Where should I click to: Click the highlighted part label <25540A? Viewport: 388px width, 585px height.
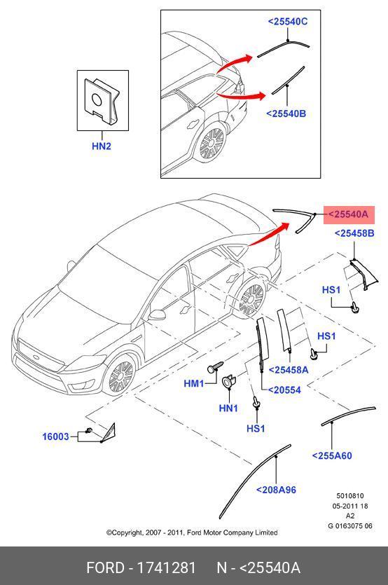(x=348, y=214)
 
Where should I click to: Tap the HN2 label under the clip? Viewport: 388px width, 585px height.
(x=102, y=146)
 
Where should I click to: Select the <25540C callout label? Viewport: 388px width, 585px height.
(x=288, y=22)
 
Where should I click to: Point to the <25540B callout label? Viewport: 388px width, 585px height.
(x=286, y=113)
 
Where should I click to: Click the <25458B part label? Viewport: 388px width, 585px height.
(x=354, y=233)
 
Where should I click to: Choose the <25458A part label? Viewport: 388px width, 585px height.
(x=289, y=370)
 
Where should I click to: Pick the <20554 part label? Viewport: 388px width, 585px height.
(x=284, y=390)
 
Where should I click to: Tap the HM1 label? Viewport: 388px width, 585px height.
(x=194, y=383)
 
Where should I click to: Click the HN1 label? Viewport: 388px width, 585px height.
(x=228, y=408)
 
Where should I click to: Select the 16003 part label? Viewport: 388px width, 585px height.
(x=55, y=436)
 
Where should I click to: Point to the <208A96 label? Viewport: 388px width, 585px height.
(x=276, y=490)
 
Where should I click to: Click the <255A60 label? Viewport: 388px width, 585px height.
(x=332, y=455)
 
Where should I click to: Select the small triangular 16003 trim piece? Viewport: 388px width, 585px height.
(x=109, y=433)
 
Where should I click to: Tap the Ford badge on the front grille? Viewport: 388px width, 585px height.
(x=36, y=357)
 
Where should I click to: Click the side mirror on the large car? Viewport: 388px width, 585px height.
(x=157, y=315)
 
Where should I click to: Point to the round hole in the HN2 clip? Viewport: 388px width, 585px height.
(x=96, y=100)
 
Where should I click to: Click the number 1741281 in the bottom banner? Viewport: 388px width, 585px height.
(x=167, y=568)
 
